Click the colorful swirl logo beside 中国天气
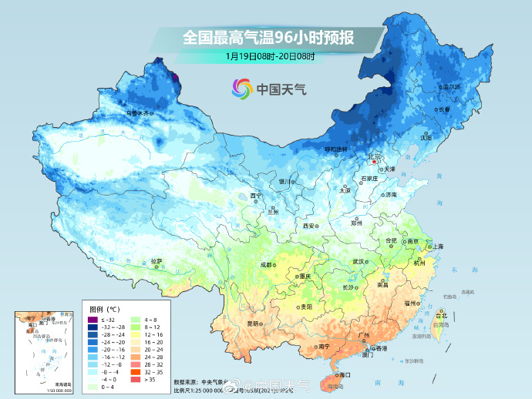pos(242,89)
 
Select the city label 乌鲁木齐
pos(140,113)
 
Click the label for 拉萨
pos(157,261)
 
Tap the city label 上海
pos(438,246)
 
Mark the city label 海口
pos(344,374)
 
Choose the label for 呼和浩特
pos(335,149)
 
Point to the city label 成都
pos(266,264)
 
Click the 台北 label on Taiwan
pos(441,316)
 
